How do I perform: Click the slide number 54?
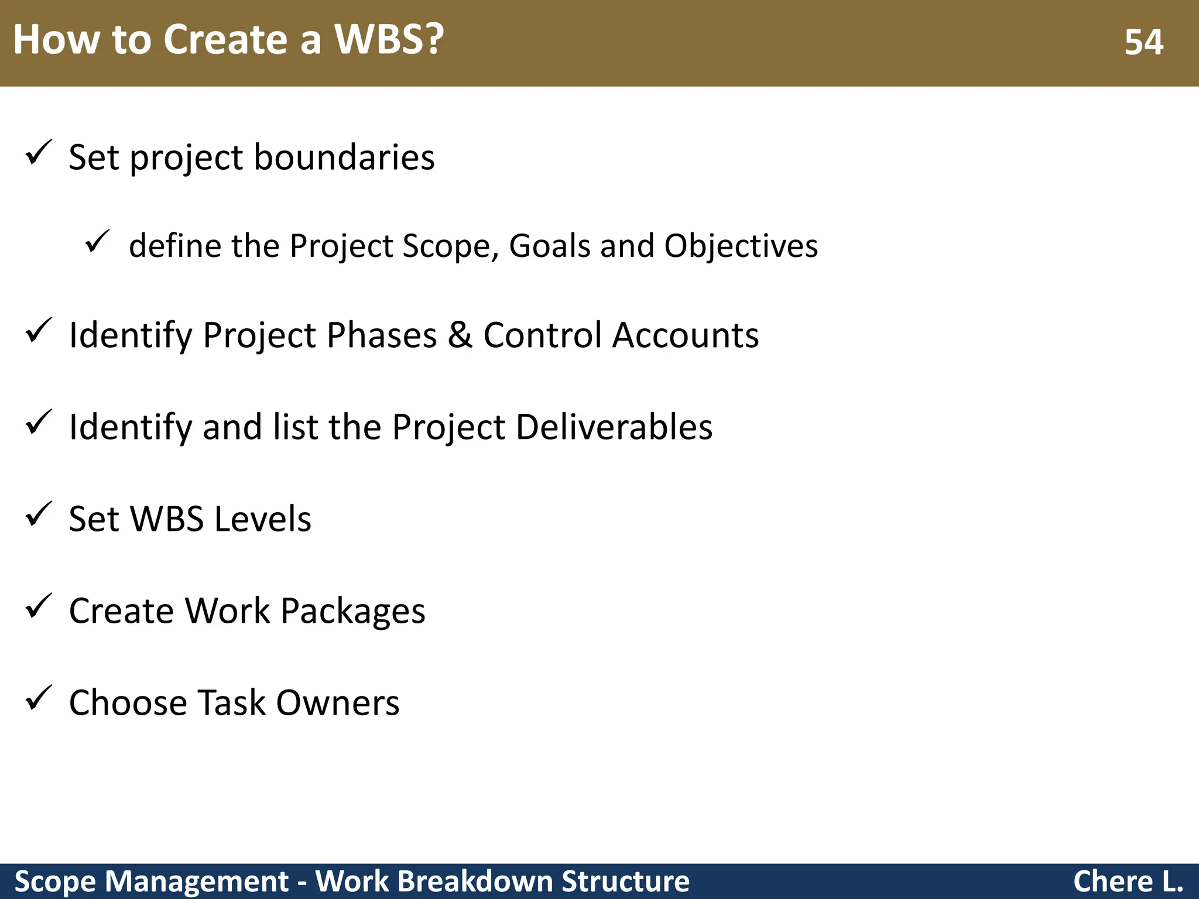pyautogui.click(x=1143, y=42)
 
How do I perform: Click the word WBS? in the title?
pyautogui.click(x=389, y=40)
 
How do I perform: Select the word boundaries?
pyautogui.click(x=344, y=157)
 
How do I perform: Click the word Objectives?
pyautogui.click(x=741, y=246)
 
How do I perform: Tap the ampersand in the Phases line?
pyautogui.click(x=460, y=335)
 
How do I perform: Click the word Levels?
pyautogui.click(x=262, y=519)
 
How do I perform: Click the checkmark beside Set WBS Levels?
pyautogui.click(x=39, y=514)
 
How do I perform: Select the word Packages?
pyautogui.click(x=352, y=611)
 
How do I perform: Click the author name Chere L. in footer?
pyautogui.click(x=1128, y=881)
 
